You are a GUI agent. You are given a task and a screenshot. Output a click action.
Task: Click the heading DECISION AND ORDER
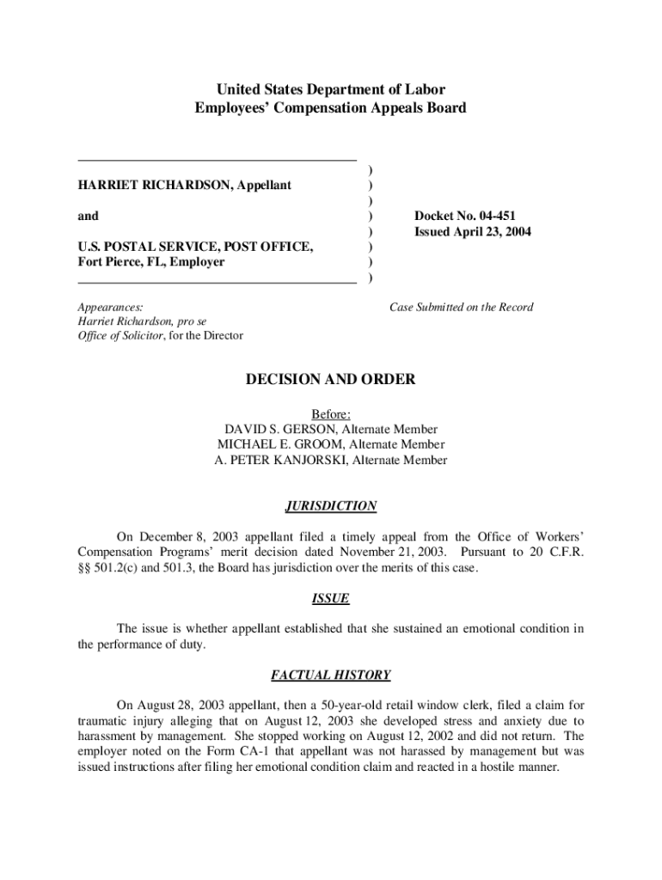point(331,380)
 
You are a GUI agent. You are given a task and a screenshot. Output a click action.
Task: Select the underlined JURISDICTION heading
point(331,507)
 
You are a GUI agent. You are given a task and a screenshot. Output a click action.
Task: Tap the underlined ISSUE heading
point(331,598)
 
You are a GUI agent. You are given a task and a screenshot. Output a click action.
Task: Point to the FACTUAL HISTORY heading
point(331,675)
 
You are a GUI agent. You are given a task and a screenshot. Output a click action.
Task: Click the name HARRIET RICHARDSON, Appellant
point(184,186)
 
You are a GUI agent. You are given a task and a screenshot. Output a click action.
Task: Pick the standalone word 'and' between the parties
point(88,217)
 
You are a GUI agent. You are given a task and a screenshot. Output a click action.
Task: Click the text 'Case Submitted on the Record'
point(461,308)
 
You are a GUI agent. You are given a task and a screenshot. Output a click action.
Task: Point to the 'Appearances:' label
point(110,307)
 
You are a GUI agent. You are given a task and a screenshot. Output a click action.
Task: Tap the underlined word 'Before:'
point(331,414)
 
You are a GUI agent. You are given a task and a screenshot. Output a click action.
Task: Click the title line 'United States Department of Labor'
point(331,90)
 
